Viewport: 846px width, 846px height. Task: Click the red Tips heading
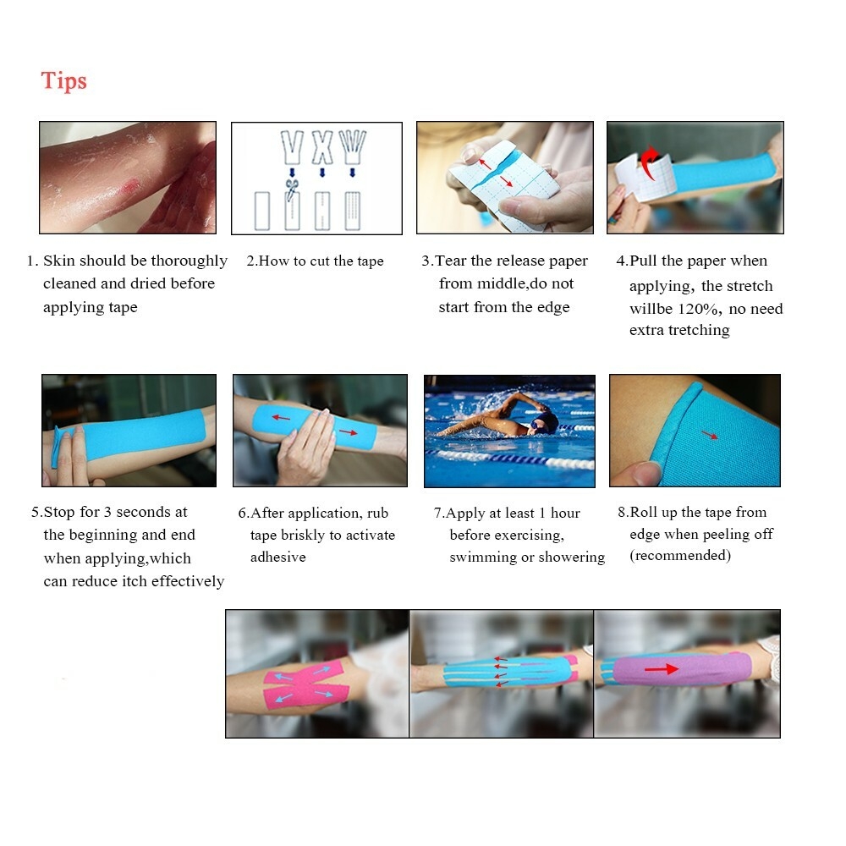[x=63, y=81]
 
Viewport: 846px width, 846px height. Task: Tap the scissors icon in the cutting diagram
[x=292, y=190]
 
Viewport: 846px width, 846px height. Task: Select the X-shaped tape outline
[x=322, y=146]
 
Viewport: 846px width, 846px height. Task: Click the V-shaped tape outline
[x=292, y=146]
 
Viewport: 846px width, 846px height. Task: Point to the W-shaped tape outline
[x=352, y=146]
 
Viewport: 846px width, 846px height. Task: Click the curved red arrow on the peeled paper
[x=649, y=162]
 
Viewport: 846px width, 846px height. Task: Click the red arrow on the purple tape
[x=662, y=669]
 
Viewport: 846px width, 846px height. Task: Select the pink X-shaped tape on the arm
[x=305, y=684]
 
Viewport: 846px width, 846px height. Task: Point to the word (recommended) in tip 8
[x=680, y=556]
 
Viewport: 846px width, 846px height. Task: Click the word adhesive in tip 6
[x=277, y=557]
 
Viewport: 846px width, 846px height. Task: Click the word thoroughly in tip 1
[x=189, y=261]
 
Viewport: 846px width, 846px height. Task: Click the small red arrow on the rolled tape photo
[x=710, y=436]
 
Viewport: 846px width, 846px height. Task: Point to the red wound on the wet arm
[x=130, y=187]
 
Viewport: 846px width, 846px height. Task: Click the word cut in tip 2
[x=320, y=261]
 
